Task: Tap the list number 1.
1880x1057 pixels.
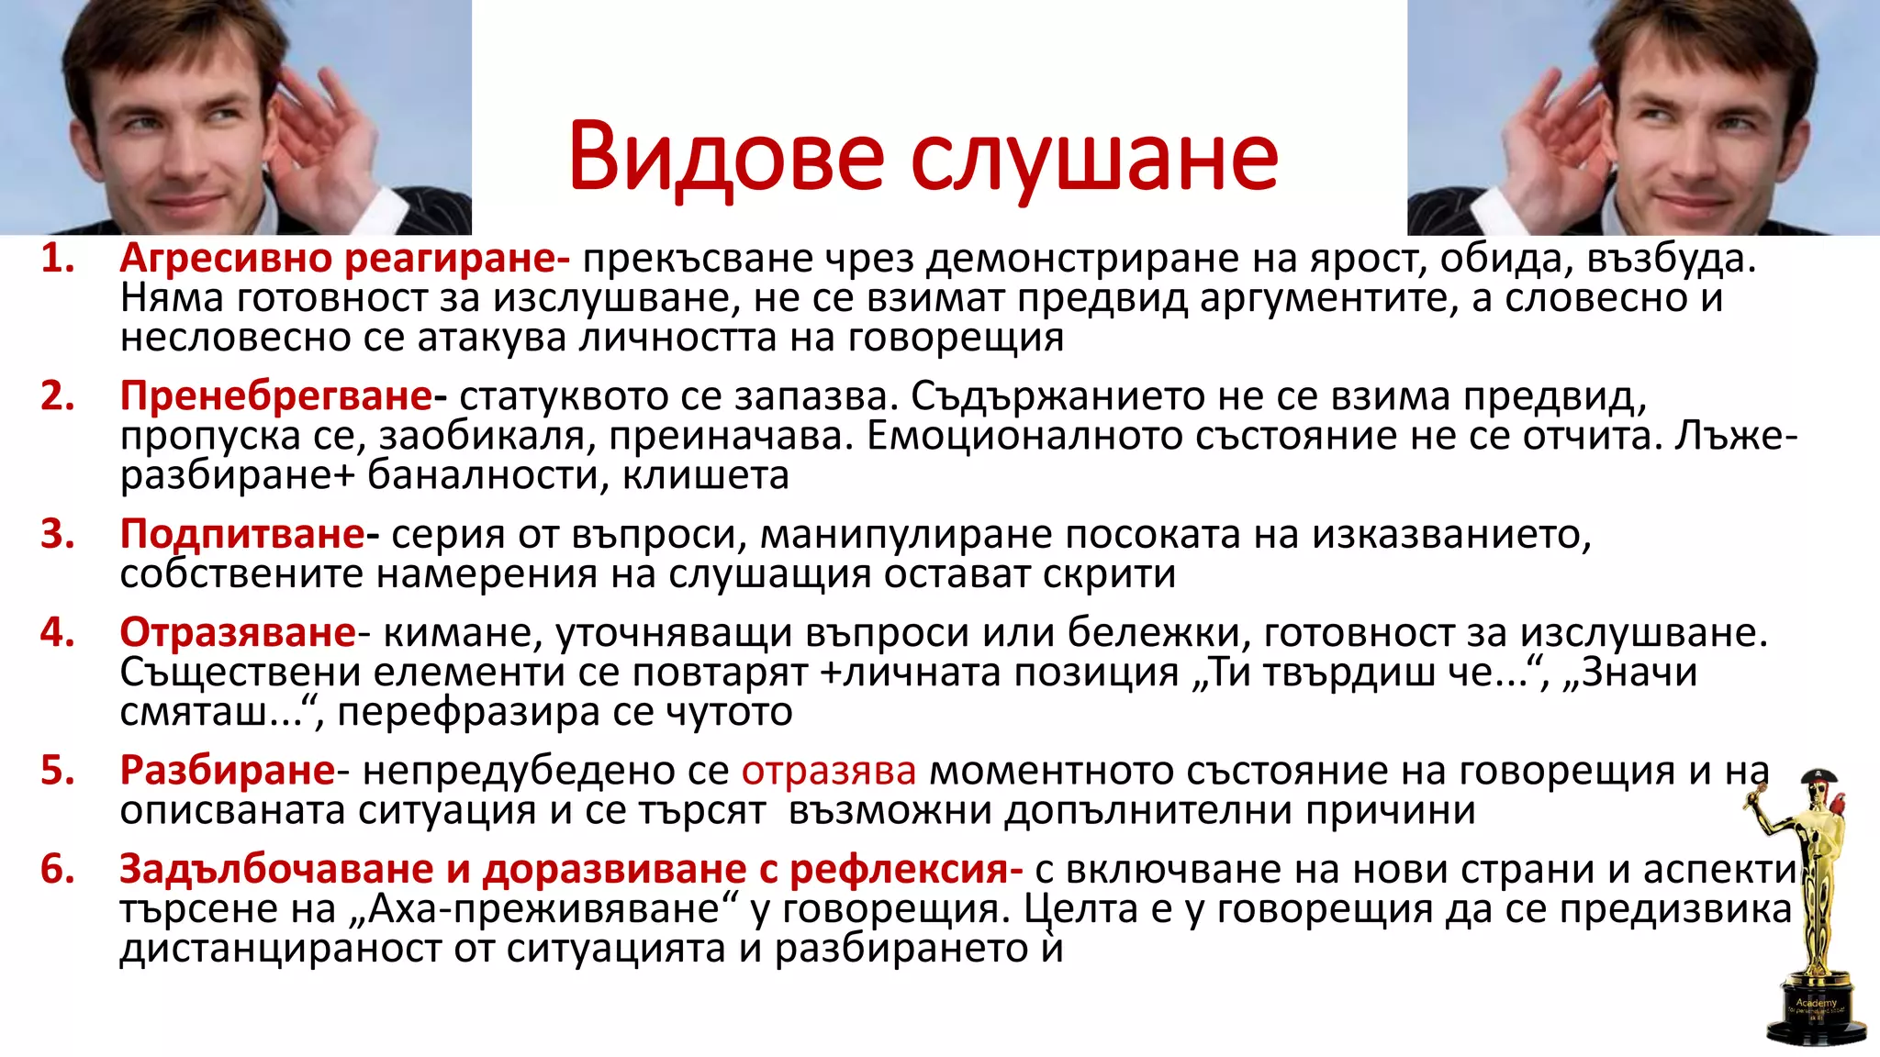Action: point(57,259)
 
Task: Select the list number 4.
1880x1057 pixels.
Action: point(57,632)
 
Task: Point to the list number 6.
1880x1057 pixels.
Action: point(57,869)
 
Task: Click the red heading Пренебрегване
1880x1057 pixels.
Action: point(275,396)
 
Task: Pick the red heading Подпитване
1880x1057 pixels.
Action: point(242,534)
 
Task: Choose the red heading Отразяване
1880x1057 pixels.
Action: point(238,632)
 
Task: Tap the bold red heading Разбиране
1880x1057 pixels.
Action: point(228,770)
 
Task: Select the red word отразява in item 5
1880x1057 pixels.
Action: point(828,771)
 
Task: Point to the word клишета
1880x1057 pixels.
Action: point(705,475)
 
